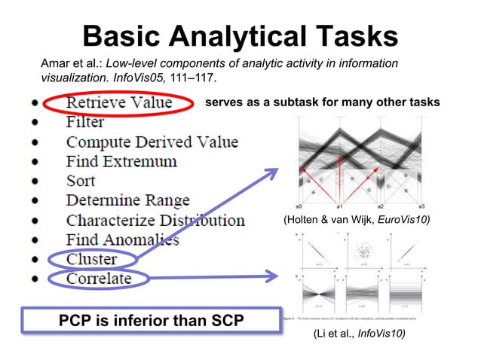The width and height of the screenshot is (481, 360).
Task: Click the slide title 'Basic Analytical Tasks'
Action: (x=240, y=35)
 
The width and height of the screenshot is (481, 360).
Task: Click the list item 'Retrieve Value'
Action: (x=119, y=102)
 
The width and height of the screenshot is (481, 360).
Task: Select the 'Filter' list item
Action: (x=84, y=122)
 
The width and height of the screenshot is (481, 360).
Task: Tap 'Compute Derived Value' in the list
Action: (x=152, y=142)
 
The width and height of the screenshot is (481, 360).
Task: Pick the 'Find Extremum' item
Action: (x=121, y=161)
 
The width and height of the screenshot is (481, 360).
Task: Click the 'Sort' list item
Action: (x=81, y=181)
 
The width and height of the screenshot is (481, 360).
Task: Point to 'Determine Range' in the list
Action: (x=127, y=200)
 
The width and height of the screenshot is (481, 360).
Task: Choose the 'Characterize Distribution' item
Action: (x=155, y=221)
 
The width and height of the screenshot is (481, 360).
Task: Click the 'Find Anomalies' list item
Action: (x=122, y=240)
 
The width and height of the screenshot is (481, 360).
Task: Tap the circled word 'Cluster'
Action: (x=91, y=260)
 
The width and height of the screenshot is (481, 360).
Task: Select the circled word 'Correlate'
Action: (x=98, y=279)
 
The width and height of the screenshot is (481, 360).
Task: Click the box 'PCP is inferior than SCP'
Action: (x=151, y=321)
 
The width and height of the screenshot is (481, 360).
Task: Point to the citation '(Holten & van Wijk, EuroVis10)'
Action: (x=357, y=220)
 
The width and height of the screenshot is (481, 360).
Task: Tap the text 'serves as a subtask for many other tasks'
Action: (x=323, y=102)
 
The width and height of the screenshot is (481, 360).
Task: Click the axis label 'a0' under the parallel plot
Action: (x=299, y=205)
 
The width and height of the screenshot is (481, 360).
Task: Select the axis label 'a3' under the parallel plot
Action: (x=422, y=205)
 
